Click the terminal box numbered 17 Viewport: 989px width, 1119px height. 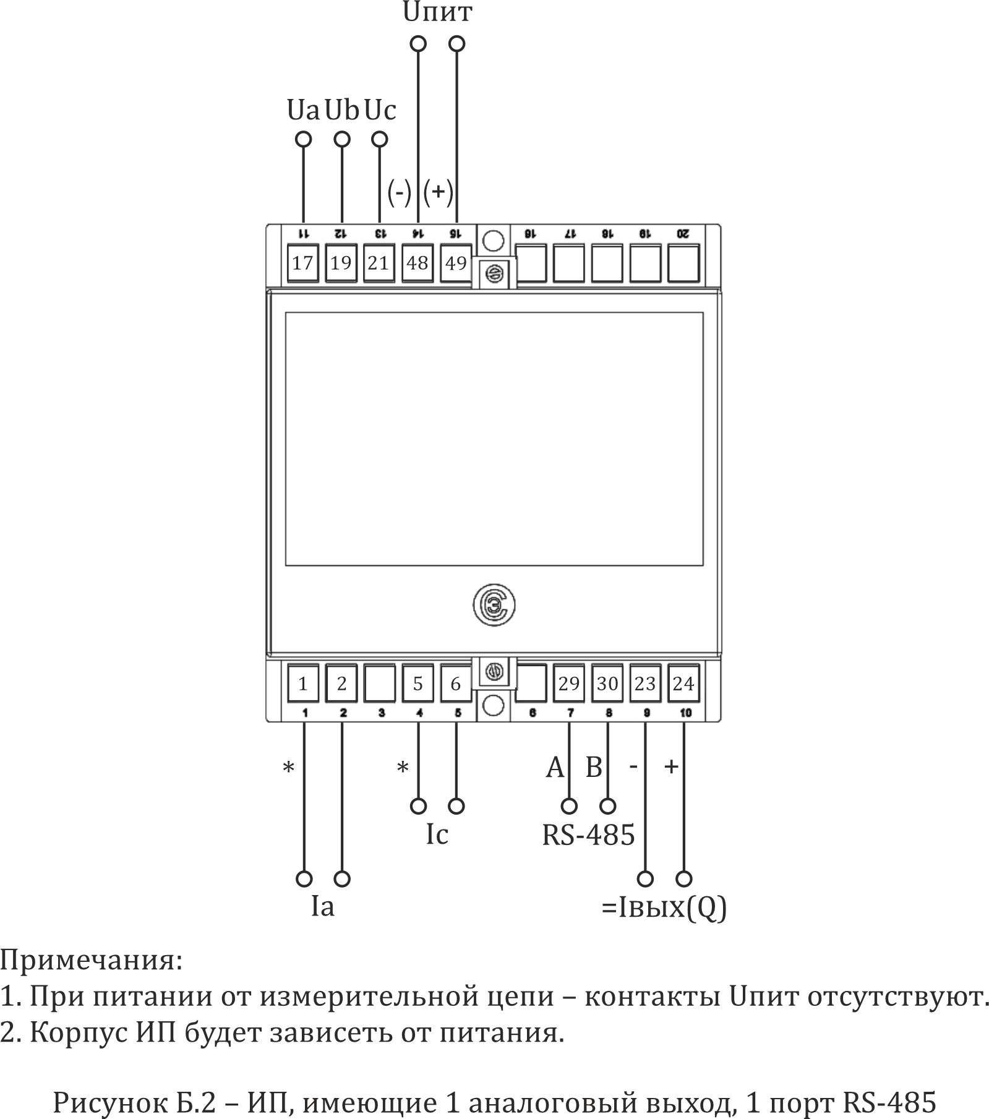(x=302, y=263)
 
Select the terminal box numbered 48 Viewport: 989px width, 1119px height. (x=417, y=263)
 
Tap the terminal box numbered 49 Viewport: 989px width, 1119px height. (x=456, y=263)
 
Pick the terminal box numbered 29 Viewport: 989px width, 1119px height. (x=569, y=684)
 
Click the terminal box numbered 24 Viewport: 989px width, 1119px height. (x=683, y=684)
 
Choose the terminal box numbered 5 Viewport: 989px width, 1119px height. (x=417, y=684)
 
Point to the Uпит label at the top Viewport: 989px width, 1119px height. (x=437, y=12)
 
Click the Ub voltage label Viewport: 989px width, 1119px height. (x=342, y=110)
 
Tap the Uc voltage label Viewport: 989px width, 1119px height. (x=380, y=110)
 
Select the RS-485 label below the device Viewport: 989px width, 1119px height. (x=588, y=834)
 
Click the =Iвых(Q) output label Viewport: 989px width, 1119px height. (x=664, y=907)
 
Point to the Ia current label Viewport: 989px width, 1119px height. (x=322, y=907)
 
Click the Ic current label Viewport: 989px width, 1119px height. (x=437, y=834)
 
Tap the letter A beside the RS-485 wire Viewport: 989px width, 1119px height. (x=555, y=768)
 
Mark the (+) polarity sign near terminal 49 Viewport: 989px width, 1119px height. (x=439, y=192)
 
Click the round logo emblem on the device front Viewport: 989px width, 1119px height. (x=494, y=605)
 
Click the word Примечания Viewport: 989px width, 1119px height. (x=92, y=961)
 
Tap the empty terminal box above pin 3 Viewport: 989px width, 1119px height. (x=379, y=684)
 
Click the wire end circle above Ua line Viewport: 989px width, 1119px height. (x=303, y=139)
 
